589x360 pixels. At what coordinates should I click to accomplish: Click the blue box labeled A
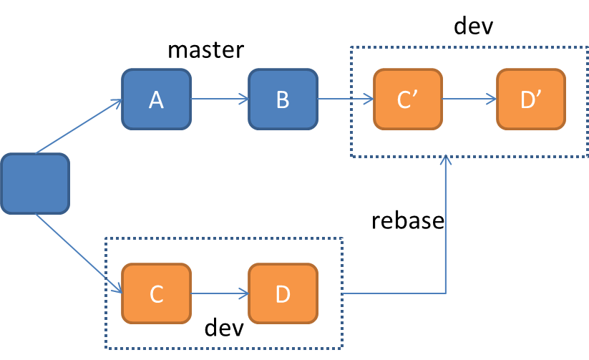pos(156,99)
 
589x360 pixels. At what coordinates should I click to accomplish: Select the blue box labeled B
pos(283,99)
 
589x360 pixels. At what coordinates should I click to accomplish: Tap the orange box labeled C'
pos(408,99)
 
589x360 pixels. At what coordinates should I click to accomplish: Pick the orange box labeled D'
pos(531,99)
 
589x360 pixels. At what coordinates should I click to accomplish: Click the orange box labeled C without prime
pos(157,293)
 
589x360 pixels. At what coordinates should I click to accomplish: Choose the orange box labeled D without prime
pos(283,293)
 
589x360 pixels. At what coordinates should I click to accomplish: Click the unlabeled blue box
pos(35,183)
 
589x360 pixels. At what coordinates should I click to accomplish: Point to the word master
pos(205,50)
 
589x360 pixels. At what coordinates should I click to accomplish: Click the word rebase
pos(408,220)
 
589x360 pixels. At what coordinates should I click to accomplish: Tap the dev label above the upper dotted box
pos(474,27)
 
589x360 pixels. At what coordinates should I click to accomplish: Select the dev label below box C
pos(224,328)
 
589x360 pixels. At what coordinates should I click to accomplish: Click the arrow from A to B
pos(220,99)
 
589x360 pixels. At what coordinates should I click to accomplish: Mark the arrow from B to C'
pos(346,99)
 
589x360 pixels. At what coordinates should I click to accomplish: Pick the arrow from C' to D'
pos(469,99)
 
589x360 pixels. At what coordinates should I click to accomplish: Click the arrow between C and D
pos(220,293)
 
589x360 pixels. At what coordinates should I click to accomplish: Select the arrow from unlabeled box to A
pos(79,127)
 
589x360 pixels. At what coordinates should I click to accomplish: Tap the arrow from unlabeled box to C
pos(79,253)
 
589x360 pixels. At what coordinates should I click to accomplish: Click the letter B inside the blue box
pos(283,99)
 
